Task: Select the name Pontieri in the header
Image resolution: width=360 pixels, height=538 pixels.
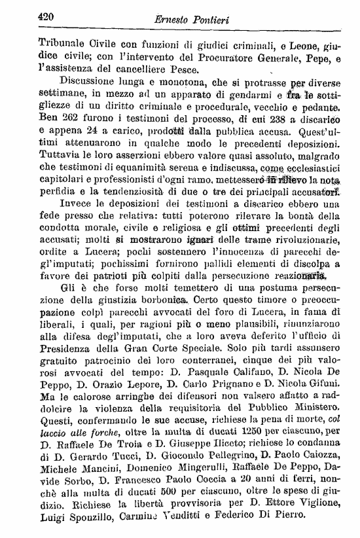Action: click(x=215, y=20)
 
